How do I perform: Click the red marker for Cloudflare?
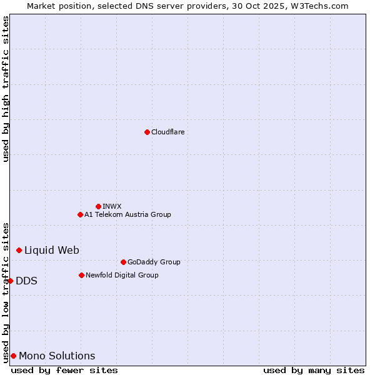coord(147,132)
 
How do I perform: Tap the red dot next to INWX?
coord(98,206)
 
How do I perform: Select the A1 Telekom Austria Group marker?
coord(80,214)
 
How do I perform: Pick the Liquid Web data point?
coord(19,250)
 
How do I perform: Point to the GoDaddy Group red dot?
coord(123,262)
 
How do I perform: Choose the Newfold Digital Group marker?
coord(81,275)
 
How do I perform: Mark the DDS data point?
coord(11,281)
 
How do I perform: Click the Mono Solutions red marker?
coord(13,356)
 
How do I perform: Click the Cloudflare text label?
coord(167,132)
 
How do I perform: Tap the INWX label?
coord(112,206)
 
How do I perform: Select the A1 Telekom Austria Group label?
coord(127,214)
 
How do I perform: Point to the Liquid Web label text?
coord(52,250)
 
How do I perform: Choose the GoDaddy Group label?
coord(154,262)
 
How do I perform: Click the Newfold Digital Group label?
coord(122,275)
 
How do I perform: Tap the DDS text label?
coord(26,281)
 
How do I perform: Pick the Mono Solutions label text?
coord(57,356)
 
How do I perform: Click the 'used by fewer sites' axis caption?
coord(64,370)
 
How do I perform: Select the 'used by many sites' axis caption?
coord(314,370)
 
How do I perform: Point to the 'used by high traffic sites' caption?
coord(6,89)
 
